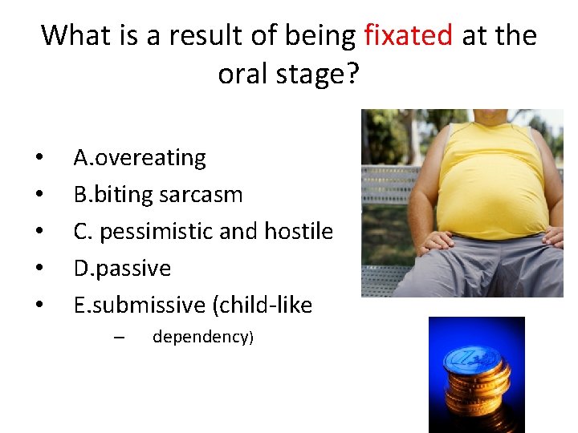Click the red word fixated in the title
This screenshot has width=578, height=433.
(409, 35)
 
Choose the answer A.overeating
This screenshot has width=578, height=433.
(140, 158)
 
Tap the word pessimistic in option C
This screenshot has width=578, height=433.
(157, 232)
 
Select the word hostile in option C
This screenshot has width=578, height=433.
(296, 232)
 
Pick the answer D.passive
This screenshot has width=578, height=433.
(122, 269)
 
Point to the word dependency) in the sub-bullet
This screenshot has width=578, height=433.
(202, 337)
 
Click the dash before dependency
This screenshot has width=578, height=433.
(118, 337)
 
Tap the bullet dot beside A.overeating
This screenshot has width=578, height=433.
(38, 159)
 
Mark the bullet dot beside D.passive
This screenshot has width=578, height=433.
(38, 269)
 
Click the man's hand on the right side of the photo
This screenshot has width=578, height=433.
(553, 236)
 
